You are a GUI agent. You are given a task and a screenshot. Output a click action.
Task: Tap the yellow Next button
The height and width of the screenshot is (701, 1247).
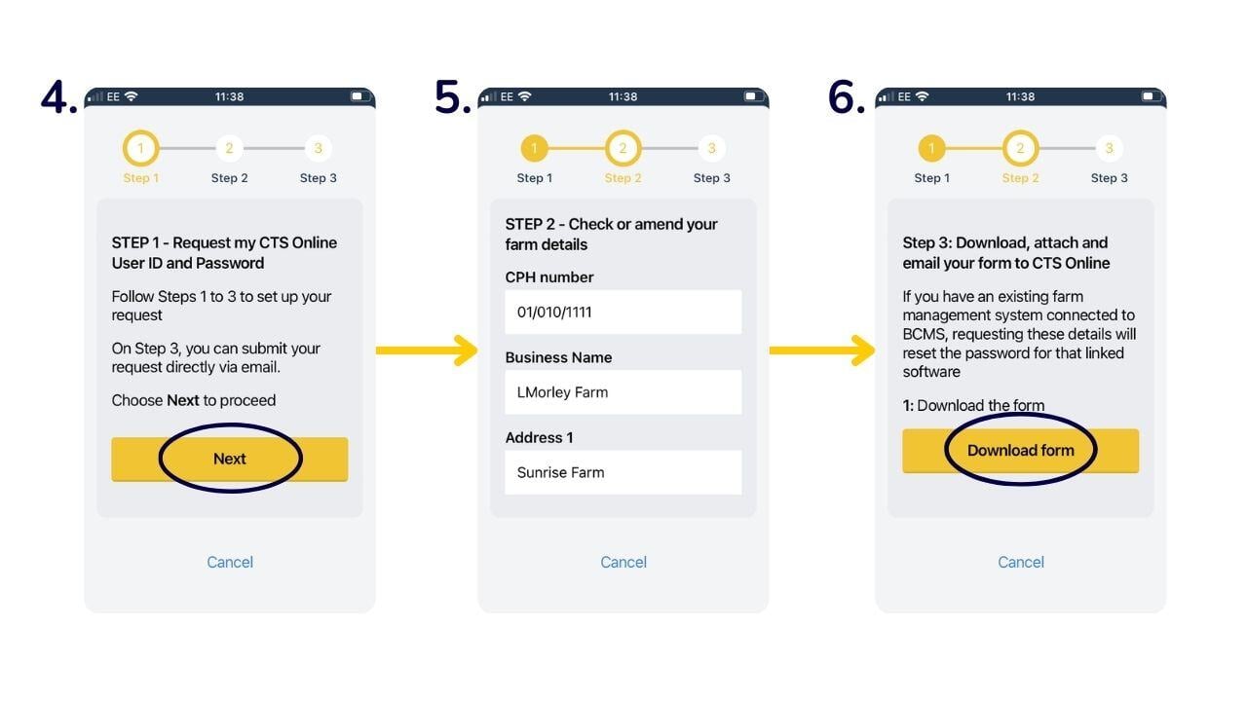pyautogui.click(x=230, y=459)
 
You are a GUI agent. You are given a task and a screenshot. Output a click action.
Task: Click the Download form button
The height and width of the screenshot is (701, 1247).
pyautogui.click(x=1020, y=451)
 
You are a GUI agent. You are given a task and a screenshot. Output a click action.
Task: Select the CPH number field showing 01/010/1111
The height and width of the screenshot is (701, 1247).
pyautogui.click(x=623, y=313)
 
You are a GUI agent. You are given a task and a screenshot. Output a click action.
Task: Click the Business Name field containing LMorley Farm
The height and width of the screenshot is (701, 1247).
pyautogui.click(x=623, y=392)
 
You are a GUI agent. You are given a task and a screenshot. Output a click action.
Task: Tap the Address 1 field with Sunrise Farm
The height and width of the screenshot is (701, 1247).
pyautogui.click(x=623, y=472)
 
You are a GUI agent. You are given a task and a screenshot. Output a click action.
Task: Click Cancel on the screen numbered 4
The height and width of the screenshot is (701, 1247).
pyautogui.click(x=230, y=562)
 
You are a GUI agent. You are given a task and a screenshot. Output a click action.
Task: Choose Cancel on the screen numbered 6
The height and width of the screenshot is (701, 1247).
pyautogui.click(x=1020, y=562)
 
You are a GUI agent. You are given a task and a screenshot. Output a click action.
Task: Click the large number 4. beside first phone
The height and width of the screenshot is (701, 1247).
pyautogui.click(x=58, y=97)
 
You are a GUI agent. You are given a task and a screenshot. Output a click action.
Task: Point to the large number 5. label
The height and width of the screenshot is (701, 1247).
pyautogui.click(x=452, y=97)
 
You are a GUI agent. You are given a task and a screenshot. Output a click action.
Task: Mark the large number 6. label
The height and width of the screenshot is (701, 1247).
pyautogui.click(x=846, y=97)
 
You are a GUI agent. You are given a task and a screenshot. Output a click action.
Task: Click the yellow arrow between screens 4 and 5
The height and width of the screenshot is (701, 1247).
pyautogui.click(x=426, y=350)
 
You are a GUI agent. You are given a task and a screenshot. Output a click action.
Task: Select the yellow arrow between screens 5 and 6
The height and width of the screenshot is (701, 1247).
pyautogui.click(x=821, y=350)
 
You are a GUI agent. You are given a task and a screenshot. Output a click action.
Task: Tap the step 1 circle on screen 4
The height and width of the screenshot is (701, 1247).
pyautogui.click(x=140, y=149)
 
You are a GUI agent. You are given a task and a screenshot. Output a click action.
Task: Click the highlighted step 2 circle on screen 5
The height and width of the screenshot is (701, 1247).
pyautogui.click(x=623, y=149)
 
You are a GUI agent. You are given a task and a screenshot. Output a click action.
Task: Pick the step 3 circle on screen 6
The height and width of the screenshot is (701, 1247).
pyautogui.click(x=1109, y=149)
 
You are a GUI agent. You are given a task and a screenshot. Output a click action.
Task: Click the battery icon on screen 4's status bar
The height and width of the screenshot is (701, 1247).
pyautogui.click(x=358, y=96)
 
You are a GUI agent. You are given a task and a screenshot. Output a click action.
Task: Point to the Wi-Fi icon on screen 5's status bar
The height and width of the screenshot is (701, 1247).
pyautogui.click(x=525, y=96)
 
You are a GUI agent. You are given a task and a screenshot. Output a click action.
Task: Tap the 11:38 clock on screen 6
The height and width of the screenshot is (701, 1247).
pyautogui.click(x=1020, y=96)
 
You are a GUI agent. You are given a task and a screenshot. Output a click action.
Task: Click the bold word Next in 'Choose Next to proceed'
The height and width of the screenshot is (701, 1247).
pyautogui.click(x=183, y=400)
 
